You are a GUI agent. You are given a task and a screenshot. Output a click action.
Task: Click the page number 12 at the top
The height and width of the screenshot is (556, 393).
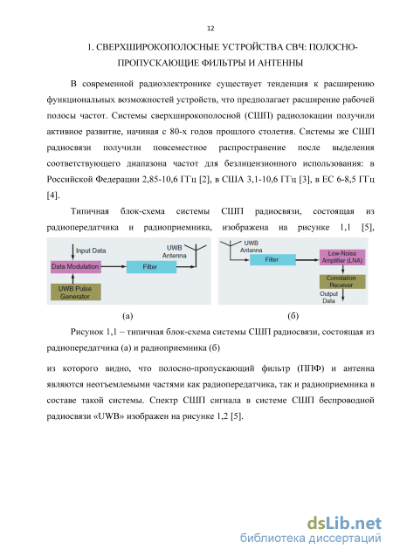point(210,28)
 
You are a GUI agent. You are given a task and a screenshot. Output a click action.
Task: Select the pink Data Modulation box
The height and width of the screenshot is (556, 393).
point(76,267)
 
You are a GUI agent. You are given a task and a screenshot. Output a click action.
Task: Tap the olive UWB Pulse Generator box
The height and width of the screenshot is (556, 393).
point(76,292)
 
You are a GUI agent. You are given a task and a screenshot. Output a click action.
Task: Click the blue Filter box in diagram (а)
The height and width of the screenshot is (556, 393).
point(151,267)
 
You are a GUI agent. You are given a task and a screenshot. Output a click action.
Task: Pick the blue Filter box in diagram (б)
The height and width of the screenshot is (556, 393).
point(272,259)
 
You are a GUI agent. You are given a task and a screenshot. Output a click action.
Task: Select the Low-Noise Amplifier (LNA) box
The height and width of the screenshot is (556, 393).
point(342,257)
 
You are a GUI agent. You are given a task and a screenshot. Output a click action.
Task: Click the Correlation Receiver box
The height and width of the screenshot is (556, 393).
point(342,282)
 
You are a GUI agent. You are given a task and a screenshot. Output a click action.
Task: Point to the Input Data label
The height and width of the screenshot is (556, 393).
point(91,251)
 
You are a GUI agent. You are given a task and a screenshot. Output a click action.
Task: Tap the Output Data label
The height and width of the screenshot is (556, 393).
point(328,297)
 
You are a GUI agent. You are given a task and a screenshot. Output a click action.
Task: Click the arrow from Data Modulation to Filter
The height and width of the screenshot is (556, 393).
point(114,266)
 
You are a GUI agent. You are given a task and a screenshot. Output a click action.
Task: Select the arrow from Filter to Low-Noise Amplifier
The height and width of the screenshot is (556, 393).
point(307,260)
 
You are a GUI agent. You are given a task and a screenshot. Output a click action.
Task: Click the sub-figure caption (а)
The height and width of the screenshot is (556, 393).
point(128,316)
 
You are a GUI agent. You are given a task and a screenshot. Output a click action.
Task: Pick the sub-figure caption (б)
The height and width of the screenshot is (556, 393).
point(293,316)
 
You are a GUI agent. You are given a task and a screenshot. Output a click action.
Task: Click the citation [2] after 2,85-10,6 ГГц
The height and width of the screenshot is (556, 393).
point(204,180)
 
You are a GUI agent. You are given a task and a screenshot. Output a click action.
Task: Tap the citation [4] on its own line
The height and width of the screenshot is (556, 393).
point(53,196)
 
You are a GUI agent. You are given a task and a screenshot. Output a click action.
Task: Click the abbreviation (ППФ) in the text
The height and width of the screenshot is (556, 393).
point(311,368)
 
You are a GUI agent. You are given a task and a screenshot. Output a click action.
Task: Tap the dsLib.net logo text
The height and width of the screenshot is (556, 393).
point(344,524)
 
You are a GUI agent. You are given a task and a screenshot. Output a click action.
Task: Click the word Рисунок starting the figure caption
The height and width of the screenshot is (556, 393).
point(86,333)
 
